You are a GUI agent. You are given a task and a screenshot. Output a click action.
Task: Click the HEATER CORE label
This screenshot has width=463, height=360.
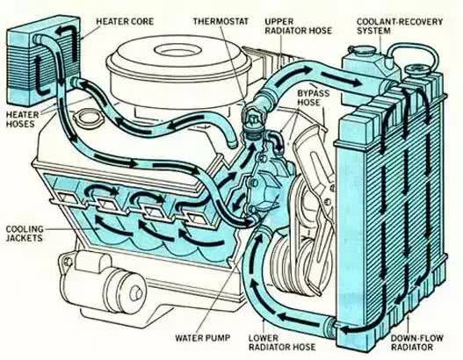(x=125, y=21)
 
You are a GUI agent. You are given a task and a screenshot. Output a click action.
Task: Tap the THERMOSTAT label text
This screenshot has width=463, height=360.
(x=221, y=21)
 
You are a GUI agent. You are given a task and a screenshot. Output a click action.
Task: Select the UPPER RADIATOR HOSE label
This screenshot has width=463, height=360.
(x=298, y=26)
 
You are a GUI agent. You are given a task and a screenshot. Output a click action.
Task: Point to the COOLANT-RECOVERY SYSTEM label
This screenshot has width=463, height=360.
(x=400, y=26)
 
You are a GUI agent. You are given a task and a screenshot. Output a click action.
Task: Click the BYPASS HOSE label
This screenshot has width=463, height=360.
(x=313, y=97)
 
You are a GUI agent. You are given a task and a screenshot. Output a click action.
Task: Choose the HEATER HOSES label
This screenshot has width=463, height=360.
(x=23, y=119)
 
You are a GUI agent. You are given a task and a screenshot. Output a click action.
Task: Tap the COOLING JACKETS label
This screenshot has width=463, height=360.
(x=25, y=234)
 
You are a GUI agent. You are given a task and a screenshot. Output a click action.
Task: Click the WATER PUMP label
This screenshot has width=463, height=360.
(x=202, y=337)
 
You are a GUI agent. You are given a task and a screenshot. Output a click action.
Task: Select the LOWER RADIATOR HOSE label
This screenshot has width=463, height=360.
(x=282, y=342)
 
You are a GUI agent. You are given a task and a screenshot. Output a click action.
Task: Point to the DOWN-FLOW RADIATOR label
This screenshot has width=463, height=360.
(x=417, y=342)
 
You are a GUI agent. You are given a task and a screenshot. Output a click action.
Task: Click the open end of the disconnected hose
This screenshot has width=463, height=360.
(x=233, y=145)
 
